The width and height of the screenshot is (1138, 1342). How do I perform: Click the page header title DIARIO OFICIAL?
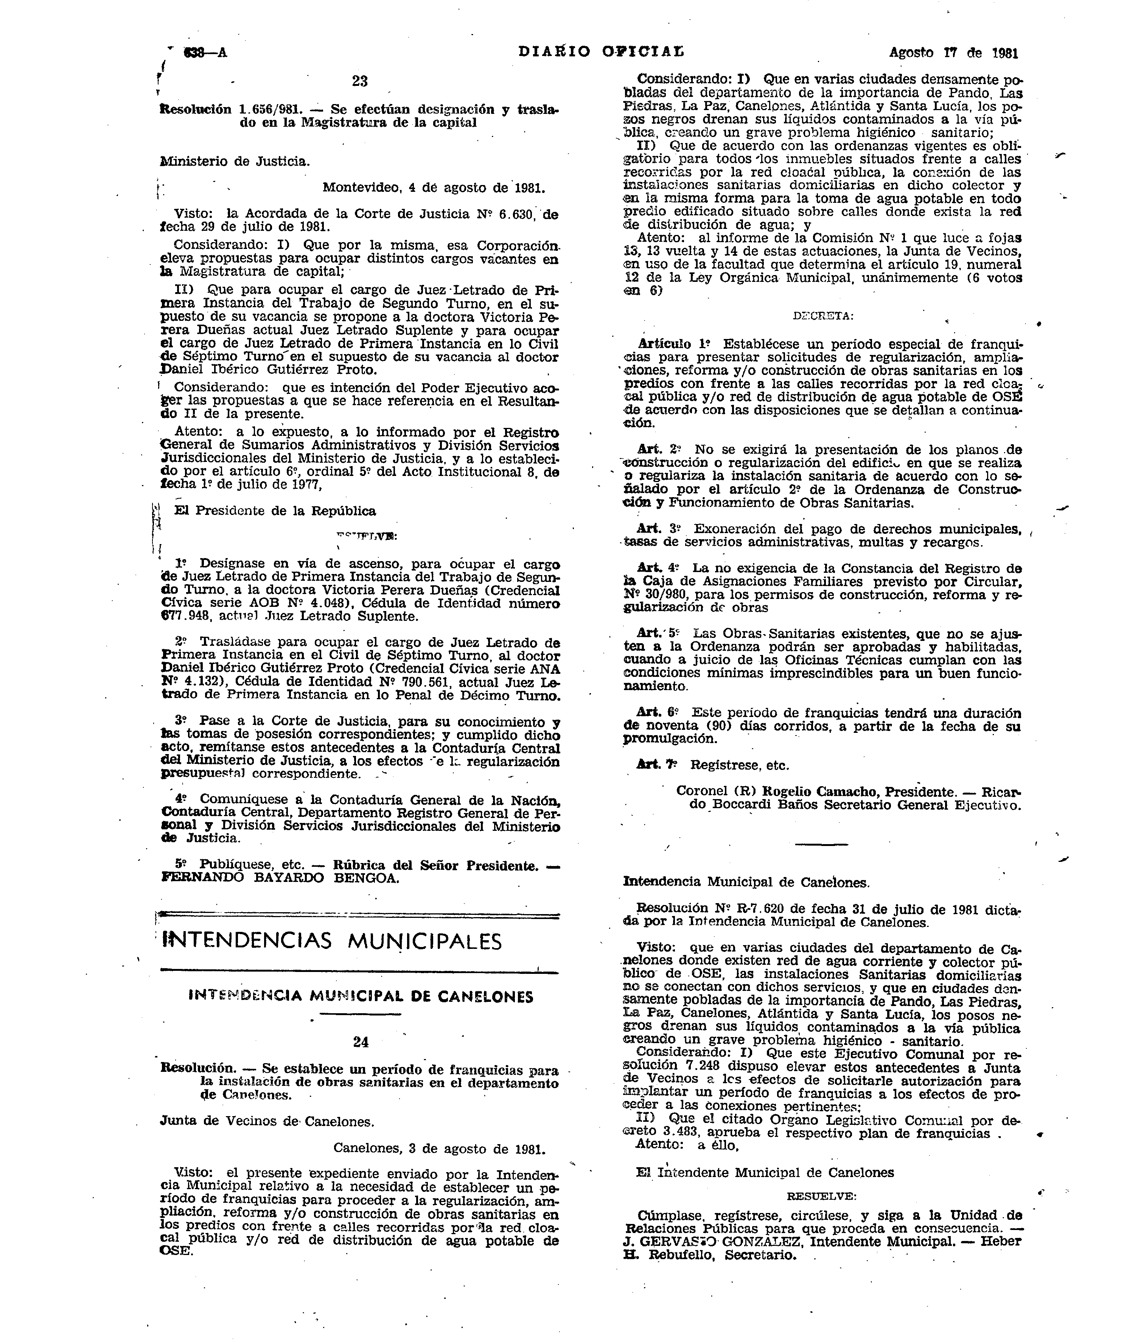point(601,51)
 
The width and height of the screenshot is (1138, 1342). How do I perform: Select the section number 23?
point(360,81)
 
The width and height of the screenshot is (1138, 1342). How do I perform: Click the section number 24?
point(361,1041)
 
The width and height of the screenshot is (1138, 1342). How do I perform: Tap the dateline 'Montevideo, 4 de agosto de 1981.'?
point(434,188)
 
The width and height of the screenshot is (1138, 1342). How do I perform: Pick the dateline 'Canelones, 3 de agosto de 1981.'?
point(439,1148)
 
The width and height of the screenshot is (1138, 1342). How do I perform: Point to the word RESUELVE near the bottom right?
point(821,1196)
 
